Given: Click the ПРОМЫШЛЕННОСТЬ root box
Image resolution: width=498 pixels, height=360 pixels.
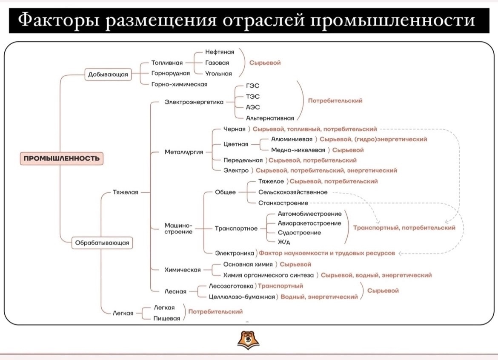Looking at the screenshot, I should pos(61,159).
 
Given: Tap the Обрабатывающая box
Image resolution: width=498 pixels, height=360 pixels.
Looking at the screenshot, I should pos(102,243).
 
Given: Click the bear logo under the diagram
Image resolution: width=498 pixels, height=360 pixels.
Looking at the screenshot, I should pos(249,340).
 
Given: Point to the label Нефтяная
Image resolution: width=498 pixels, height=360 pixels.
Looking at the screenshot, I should pos(220,52).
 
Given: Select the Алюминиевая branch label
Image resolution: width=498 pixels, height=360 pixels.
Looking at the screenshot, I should pos(292,139).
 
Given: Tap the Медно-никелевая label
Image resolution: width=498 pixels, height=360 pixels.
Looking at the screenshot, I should pos(298,150).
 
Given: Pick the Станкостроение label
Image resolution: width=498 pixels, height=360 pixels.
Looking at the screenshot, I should pos(283,203).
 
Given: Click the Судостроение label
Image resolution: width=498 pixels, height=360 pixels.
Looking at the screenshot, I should pos(299,233).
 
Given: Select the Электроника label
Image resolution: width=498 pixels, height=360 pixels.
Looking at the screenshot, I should pos(235,253).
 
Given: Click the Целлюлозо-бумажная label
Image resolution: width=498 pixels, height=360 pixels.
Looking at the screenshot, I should pos(242,297).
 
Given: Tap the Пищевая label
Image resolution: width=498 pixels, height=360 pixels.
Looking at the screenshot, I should pos(167,318).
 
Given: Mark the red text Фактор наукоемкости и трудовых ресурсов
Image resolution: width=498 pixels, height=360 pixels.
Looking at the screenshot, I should pos(327,253).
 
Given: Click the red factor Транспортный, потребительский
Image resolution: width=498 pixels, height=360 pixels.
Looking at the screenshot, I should pos(404,228).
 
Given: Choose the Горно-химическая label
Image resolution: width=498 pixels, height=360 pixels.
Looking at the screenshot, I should pos(179,84).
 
